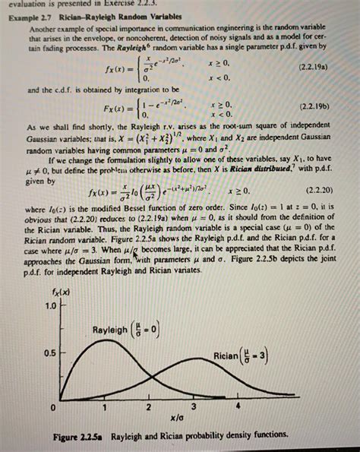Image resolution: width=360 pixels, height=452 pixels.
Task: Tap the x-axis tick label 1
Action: tap(105, 408)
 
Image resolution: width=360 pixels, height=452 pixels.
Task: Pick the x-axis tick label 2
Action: tap(150, 408)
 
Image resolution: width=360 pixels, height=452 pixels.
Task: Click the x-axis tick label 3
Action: tap(194, 408)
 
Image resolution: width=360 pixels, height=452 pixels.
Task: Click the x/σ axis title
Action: tap(176, 418)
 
